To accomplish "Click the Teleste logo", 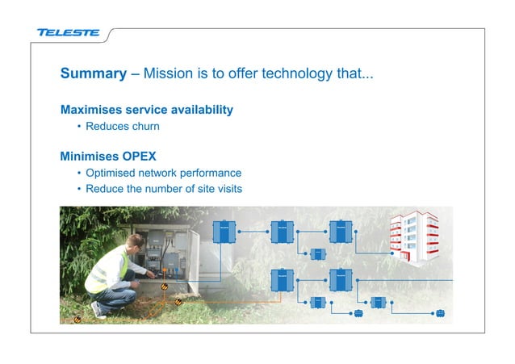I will pos(68,33).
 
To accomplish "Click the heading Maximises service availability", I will pos(147,109).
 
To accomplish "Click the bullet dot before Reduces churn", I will pos(78,127).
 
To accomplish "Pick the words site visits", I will pos(218,189).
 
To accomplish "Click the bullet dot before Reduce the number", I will pos(78,190).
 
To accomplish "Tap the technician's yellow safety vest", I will pos(108,270).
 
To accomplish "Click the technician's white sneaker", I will pos(98,309).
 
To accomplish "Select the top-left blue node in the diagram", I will pos(222,231).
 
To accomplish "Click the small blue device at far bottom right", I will pos(440,315).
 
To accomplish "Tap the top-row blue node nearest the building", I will pos(340,231).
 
